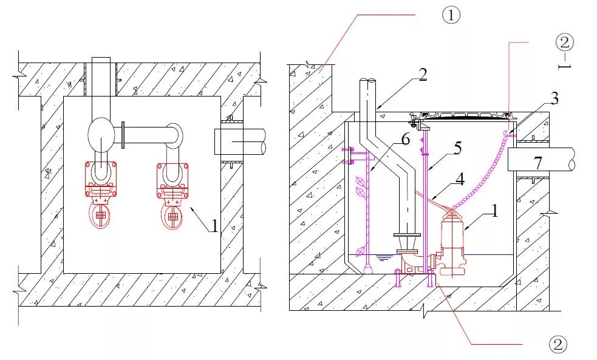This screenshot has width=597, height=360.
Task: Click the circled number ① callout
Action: click(x=450, y=15)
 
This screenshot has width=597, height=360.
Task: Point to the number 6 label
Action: click(x=406, y=139)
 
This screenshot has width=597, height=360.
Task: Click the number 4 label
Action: click(x=460, y=179)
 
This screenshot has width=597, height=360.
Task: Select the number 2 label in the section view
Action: click(x=423, y=76)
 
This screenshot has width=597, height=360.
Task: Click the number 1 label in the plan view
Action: click(x=214, y=226)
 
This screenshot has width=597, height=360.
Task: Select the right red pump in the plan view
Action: click(x=172, y=193)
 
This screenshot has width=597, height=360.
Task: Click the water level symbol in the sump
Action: click(x=383, y=258)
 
